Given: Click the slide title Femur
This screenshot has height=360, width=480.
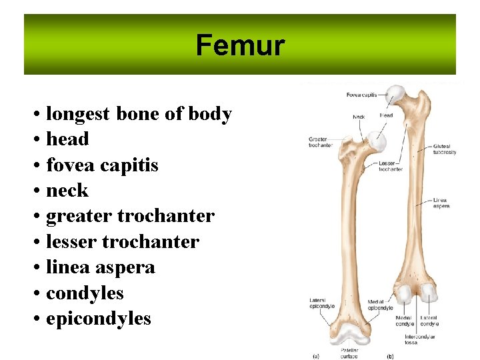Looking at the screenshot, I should tap(240, 46).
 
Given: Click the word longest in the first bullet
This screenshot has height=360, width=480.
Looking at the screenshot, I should tap(78, 114).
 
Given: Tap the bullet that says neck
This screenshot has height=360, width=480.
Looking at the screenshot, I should tap(67, 191).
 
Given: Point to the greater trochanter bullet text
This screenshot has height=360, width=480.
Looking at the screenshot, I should tap(130, 216).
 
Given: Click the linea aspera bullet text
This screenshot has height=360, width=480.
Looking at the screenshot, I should tap(100, 267).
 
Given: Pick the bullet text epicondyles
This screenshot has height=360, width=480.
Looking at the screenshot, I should tap(98, 319).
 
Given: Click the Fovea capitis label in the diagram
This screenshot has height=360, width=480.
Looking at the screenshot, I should tap(361, 95).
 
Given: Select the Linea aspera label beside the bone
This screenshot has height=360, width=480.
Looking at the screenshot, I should tap(440, 203).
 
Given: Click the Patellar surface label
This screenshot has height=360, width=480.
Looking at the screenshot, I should tap(350, 353).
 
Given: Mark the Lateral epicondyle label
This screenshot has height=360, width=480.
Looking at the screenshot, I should tap(322, 303).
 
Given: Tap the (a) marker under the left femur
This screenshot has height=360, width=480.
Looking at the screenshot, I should tap(316, 356).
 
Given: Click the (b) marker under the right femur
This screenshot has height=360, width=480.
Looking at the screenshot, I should tap(390, 356).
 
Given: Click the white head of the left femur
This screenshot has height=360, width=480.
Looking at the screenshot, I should tap(378, 140).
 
